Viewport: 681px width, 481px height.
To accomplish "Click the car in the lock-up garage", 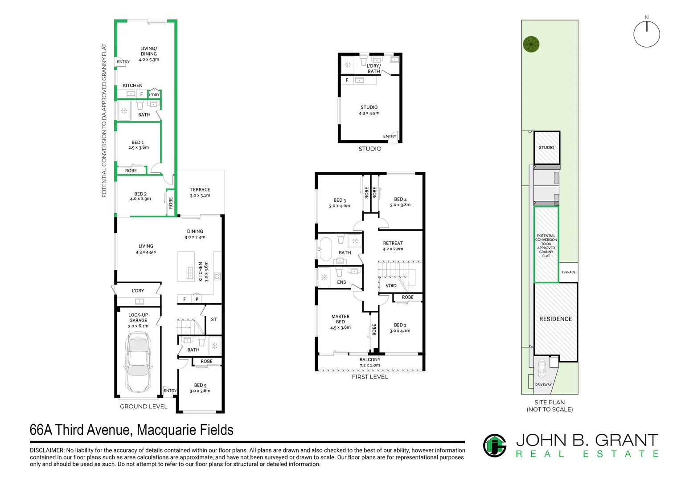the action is (x=138, y=362).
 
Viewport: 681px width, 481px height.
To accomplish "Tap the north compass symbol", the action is (x=646, y=32).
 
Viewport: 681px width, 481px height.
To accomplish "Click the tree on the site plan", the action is (x=531, y=44).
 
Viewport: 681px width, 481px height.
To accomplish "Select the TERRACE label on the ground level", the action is (x=200, y=190).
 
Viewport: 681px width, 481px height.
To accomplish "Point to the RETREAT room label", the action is (x=393, y=243).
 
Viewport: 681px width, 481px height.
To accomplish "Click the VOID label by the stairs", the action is (x=391, y=285).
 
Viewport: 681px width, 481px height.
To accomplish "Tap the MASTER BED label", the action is (x=340, y=319).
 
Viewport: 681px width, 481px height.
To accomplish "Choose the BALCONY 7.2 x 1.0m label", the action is (x=370, y=362).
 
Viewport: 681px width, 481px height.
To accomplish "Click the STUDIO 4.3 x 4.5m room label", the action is (x=369, y=110).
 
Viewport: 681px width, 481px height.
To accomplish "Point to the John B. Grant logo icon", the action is (x=495, y=445).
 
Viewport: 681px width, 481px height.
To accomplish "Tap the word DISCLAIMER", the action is (x=47, y=450).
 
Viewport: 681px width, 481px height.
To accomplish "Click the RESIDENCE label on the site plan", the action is (x=555, y=319).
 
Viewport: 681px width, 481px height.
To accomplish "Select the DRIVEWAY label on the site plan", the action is (x=543, y=385).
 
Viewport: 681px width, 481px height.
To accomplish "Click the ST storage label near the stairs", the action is (x=214, y=319).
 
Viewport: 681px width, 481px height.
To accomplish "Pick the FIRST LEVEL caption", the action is (x=370, y=377).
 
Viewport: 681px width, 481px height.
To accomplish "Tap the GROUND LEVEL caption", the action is (x=144, y=407).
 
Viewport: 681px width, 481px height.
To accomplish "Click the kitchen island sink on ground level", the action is (x=190, y=273).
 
